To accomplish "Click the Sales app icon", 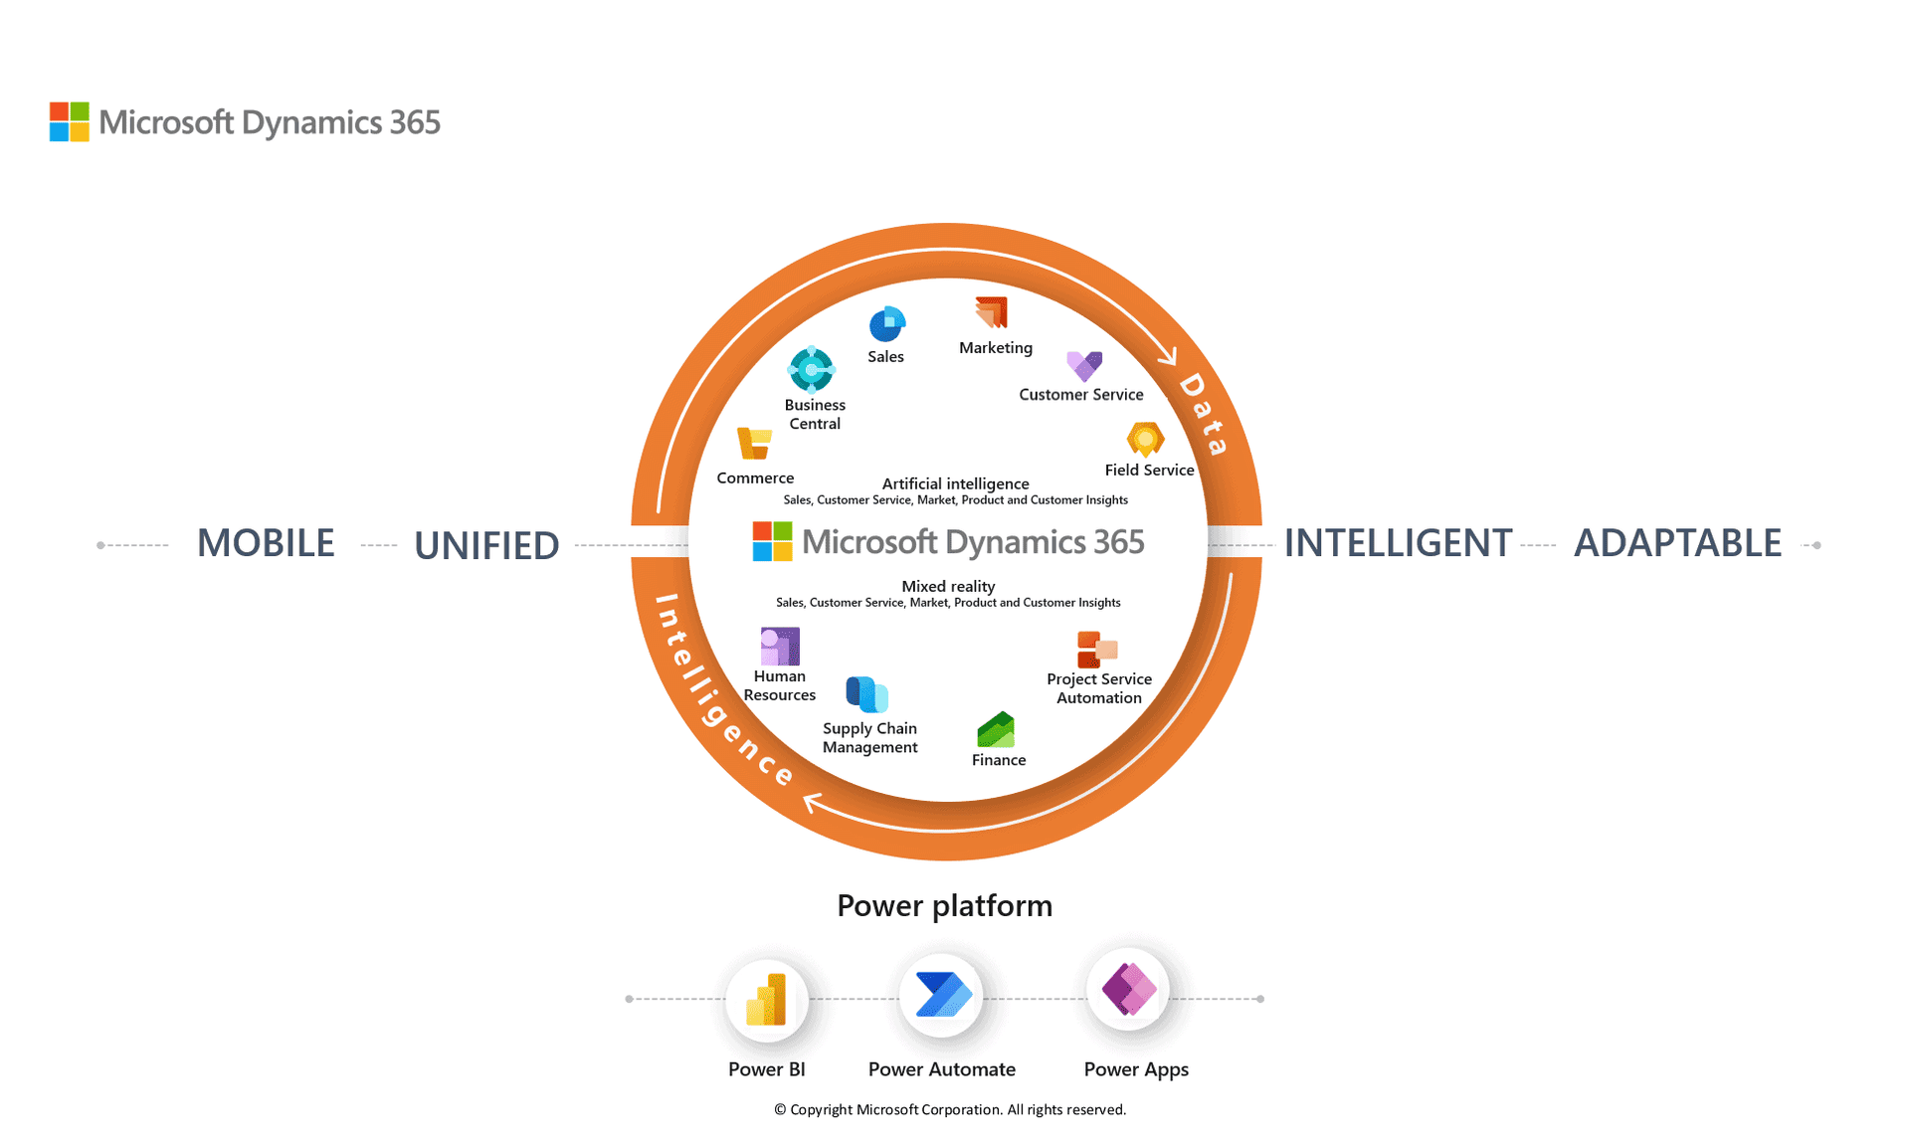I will pos(886,324).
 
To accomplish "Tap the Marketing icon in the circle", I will pos(992,312).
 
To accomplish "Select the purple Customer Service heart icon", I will pos(1083,365).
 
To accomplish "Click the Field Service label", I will pos(1148,470).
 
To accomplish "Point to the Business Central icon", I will pos(812,370).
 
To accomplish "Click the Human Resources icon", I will pos(780,647).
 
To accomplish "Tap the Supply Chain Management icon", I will pos(866,694).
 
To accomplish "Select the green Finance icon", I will pos(996,730).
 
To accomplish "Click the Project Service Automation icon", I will pos(1097,650).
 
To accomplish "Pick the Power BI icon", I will pos(767,999).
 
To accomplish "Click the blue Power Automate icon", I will pos(941,995).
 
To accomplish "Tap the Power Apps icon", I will pos(1129,989).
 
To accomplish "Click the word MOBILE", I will pos(266,543).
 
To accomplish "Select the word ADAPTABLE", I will pos(1677,543).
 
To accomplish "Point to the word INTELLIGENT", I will pos(1397,543).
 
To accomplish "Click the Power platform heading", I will pos(944,905).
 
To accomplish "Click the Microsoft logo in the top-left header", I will pos(70,122).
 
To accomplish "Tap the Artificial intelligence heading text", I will pos(955,483).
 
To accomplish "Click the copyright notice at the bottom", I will pos(950,1109).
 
